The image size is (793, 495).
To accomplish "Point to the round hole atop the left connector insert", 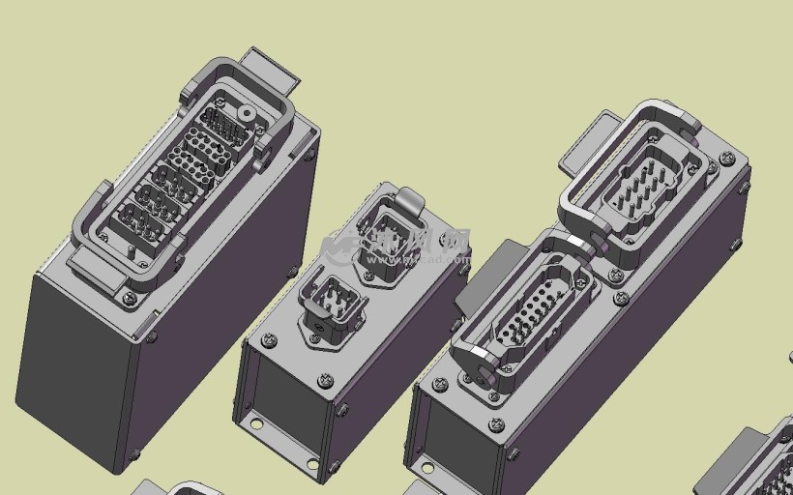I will tap(246, 113).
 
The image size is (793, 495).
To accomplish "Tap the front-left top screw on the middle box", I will tap(269, 339).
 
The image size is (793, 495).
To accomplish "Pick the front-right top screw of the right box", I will tap(497, 424).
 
